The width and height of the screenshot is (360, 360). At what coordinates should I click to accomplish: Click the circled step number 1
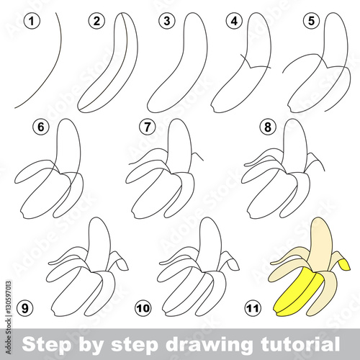pyautogui.click(x=32, y=21)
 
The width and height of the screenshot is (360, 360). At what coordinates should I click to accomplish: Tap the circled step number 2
pyautogui.click(x=96, y=21)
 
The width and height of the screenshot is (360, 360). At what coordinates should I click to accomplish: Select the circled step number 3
pyautogui.click(x=167, y=21)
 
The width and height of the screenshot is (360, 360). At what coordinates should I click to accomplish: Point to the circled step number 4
pyautogui.click(x=234, y=21)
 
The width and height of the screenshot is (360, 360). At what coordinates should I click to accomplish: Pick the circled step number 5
pyautogui.click(x=311, y=21)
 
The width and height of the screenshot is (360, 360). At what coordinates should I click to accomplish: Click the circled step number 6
pyautogui.click(x=41, y=127)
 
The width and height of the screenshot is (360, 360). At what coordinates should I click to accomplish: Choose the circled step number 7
pyautogui.click(x=148, y=127)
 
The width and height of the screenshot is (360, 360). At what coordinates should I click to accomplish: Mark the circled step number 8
pyautogui.click(x=268, y=127)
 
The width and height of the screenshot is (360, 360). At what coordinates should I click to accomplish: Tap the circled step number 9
pyautogui.click(x=25, y=308)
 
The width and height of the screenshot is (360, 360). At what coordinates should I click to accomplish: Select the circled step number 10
pyautogui.click(x=143, y=308)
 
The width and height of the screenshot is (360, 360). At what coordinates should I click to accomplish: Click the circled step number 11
pyautogui.click(x=253, y=308)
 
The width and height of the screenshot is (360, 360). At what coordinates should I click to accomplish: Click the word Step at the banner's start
pyautogui.click(x=47, y=345)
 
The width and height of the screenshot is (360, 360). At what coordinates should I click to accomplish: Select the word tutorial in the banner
pyautogui.click(x=300, y=343)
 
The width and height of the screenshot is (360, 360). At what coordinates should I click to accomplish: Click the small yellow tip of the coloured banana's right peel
pyautogui.click(x=344, y=264)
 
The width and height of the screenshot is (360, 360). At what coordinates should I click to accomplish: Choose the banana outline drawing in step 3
pyautogui.click(x=177, y=63)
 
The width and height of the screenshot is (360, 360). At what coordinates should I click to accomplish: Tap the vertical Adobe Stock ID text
pyautogui.click(x=8, y=318)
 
